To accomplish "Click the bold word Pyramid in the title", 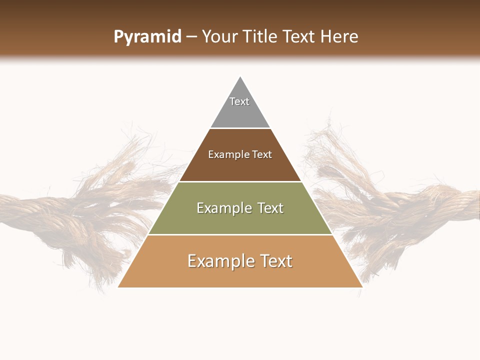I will (147, 36).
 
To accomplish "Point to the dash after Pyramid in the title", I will (191, 37).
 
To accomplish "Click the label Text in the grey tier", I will (239, 101).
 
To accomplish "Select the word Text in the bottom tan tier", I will (273, 261).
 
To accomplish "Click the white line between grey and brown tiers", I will (240, 128).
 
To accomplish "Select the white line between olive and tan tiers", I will (240, 234).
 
